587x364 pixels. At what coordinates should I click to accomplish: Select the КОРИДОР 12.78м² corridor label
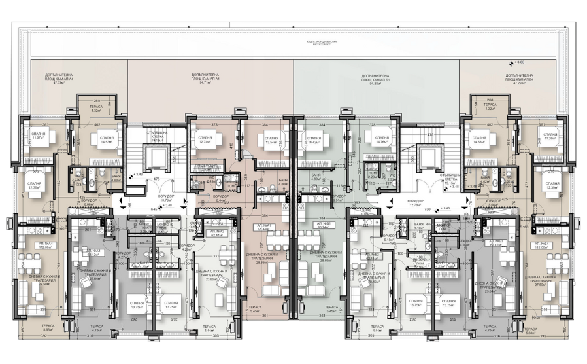tap(415, 202)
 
